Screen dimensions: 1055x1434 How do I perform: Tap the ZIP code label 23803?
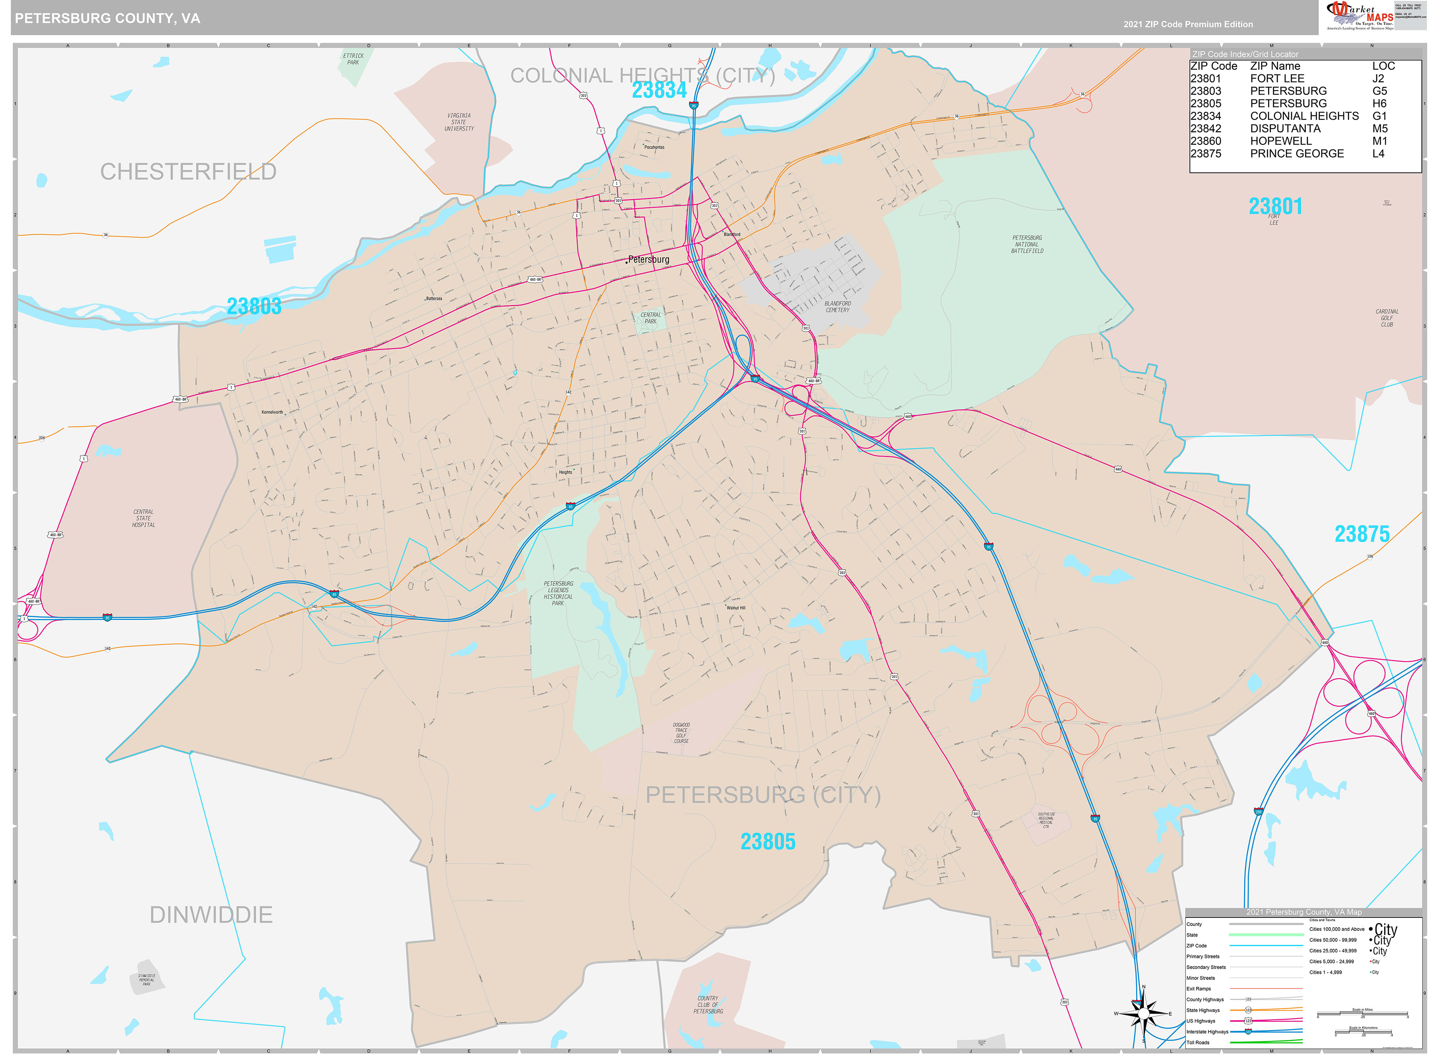tap(254, 306)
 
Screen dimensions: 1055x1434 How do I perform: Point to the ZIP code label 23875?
tap(1361, 534)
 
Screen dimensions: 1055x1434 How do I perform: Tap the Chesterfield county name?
tap(188, 172)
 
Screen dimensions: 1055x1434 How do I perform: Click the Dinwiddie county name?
tap(211, 915)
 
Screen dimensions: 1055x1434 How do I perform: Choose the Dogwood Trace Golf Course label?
tap(681, 733)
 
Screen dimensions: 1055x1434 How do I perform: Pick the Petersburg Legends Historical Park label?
tap(558, 593)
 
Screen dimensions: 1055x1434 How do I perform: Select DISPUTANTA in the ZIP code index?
tap(1285, 128)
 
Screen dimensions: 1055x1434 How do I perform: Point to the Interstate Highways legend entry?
tap(1207, 1031)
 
